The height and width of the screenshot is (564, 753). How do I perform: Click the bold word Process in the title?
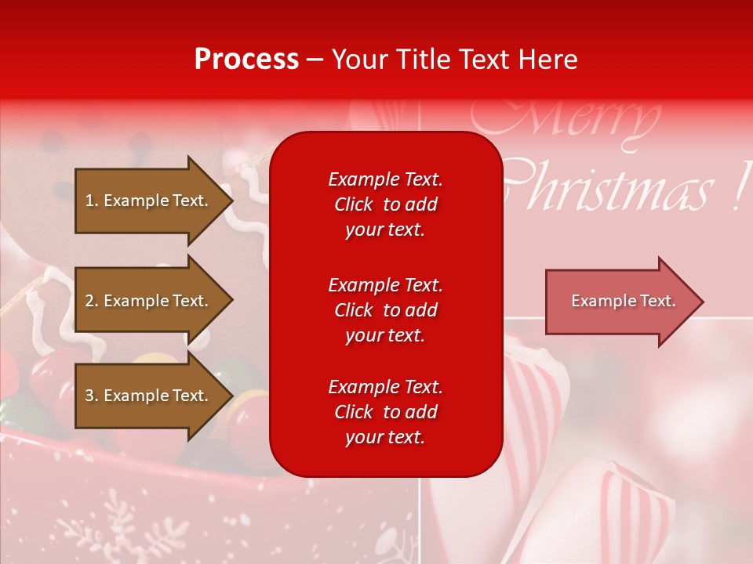tap(246, 60)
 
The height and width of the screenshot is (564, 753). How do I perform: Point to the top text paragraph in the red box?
tap(385, 204)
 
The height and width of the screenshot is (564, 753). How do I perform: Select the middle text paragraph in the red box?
tap(385, 310)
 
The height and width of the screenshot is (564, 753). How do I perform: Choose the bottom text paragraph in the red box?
tap(385, 412)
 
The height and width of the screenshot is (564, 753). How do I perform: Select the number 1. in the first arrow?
tap(92, 201)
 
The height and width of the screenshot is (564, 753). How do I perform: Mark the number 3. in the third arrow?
tap(92, 396)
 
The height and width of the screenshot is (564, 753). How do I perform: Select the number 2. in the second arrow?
tap(92, 301)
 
